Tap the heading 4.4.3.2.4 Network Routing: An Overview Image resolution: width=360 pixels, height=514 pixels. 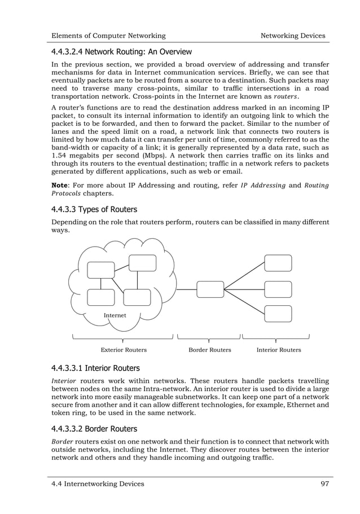pos(121,52)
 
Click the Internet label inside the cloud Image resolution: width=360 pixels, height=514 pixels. pos(115,315)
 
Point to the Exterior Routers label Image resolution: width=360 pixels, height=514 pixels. pos(123,350)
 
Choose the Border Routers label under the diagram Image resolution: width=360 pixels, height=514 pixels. pos(209,350)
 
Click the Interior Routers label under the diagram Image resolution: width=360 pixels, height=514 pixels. pos(279,350)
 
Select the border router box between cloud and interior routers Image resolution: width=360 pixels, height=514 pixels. pos(210,289)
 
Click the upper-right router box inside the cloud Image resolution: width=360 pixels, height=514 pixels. pos(142,263)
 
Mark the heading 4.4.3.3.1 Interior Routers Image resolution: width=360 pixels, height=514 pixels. pos(95,368)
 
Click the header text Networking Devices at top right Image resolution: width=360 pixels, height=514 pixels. pos(292,36)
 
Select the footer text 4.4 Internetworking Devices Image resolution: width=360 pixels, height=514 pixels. pos(98,484)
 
